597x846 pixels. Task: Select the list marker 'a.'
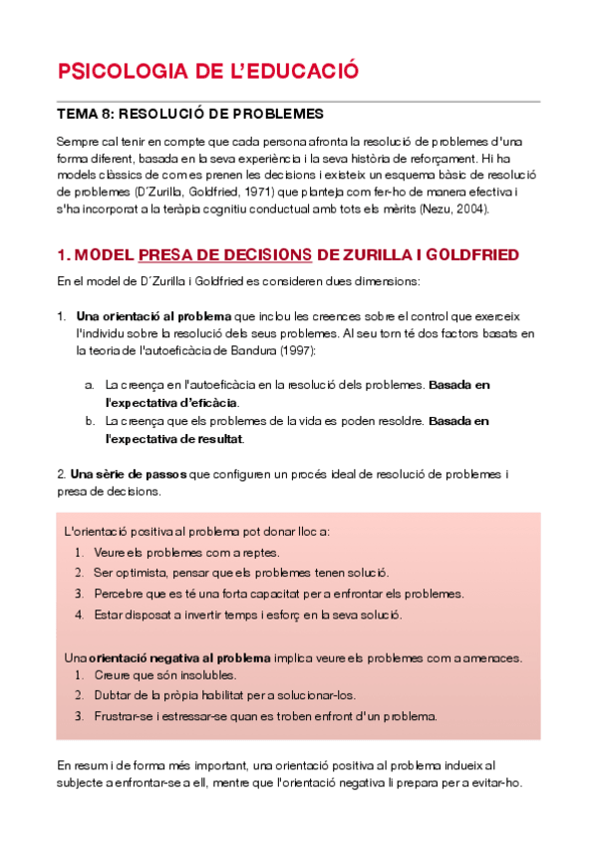[90, 384]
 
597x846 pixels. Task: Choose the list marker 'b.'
[90, 420]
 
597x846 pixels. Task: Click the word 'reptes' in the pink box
[260, 552]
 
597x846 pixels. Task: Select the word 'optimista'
[143, 572]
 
